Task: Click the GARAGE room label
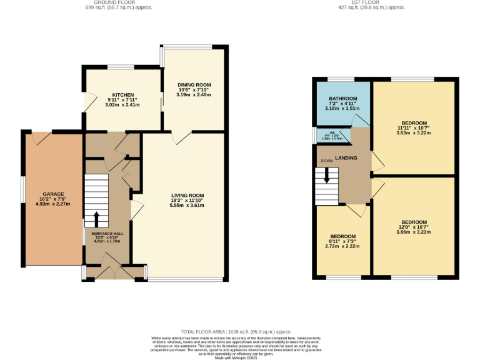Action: pos(53,194)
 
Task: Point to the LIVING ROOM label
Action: pos(187,195)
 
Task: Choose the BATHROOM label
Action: pos(343,99)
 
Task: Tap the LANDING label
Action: pos(346,157)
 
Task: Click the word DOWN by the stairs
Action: pos(326,161)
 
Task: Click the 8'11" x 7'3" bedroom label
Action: pos(342,236)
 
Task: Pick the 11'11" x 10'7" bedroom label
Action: pos(414,122)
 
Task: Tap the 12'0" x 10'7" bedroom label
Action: pos(414,222)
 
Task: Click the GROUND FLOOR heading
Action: pos(118,3)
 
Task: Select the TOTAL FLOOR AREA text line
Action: pos(240,332)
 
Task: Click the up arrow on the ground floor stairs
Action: pos(96,219)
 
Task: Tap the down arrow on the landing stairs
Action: pos(326,177)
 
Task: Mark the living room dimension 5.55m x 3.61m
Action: pos(187,205)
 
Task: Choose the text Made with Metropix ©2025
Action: pos(240,357)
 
